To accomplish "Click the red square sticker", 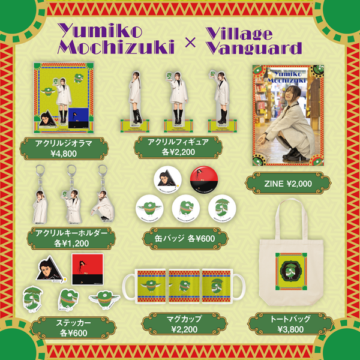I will pos(84,269).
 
